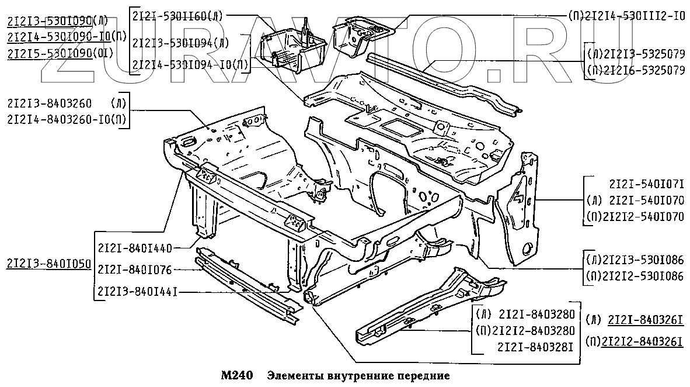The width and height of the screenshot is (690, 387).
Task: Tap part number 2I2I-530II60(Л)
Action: [x=177, y=16]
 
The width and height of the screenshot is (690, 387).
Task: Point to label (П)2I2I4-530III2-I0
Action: [x=626, y=16]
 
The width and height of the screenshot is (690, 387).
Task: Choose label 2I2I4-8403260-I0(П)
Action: [x=68, y=120]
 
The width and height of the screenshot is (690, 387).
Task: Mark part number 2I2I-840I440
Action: [x=135, y=248]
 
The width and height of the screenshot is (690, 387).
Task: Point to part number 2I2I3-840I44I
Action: [x=138, y=290]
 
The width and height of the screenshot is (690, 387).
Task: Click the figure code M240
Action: [x=236, y=375]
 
